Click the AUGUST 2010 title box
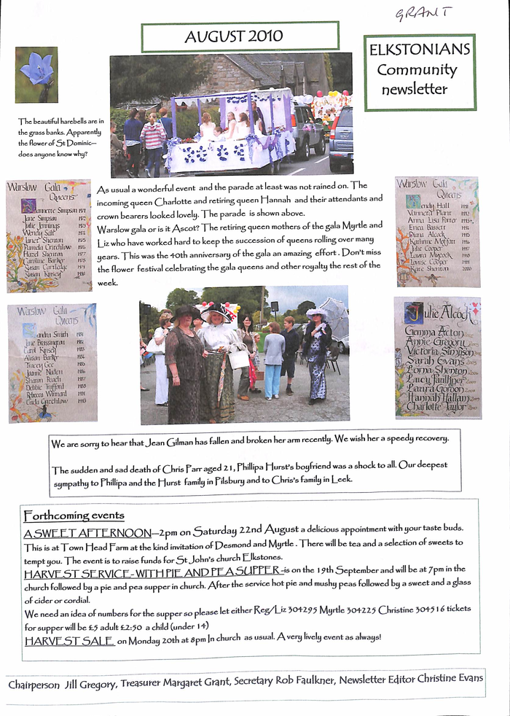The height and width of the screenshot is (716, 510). pyautogui.click(x=240, y=36)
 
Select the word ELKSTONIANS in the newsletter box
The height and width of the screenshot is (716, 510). pyautogui.click(x=420, y=51)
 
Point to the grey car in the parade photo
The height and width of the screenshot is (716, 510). pyautogui.click(x=340, y=139)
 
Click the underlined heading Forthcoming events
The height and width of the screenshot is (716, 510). pyautogui.click(x=74, y=515)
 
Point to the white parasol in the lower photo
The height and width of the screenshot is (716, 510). pyautogui.click(x=334, y=314)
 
